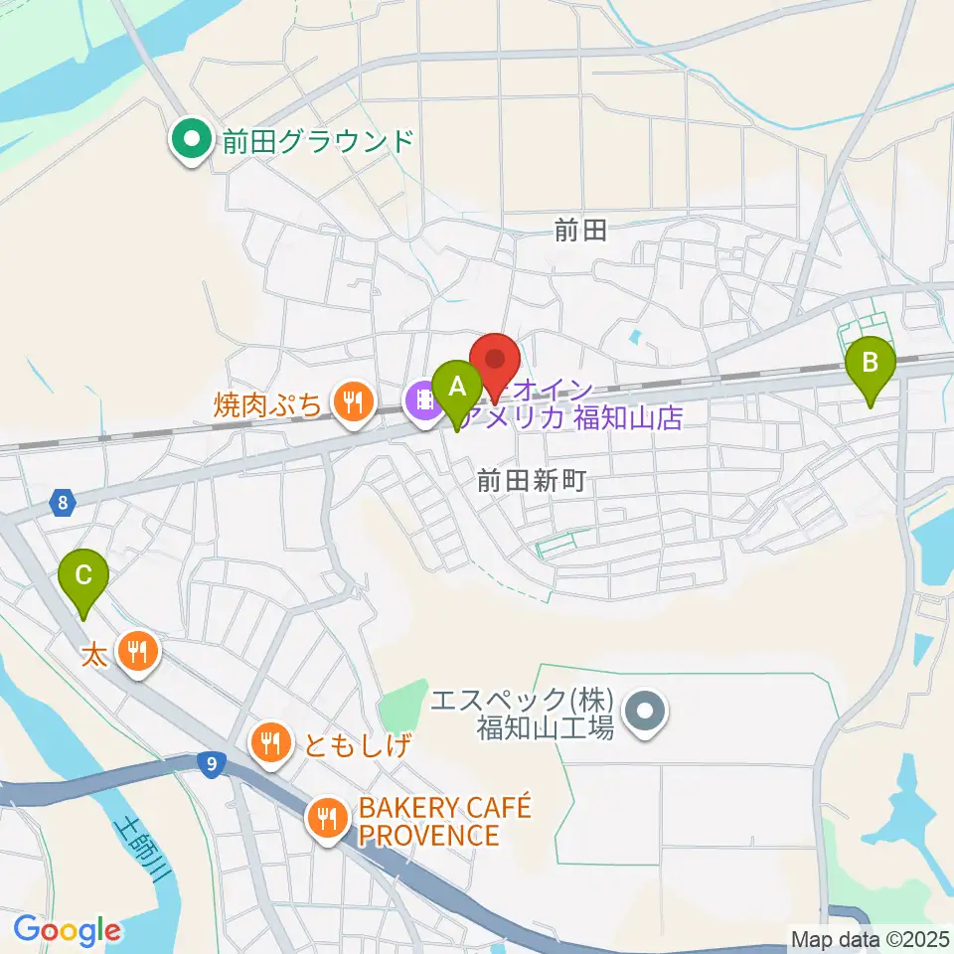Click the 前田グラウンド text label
click(317, 141)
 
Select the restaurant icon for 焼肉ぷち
click(352, 402)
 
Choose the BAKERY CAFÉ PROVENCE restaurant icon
click(326, 819)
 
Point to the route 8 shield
click(64, 504)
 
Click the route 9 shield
click(209, 764)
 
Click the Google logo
click(68, 930)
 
